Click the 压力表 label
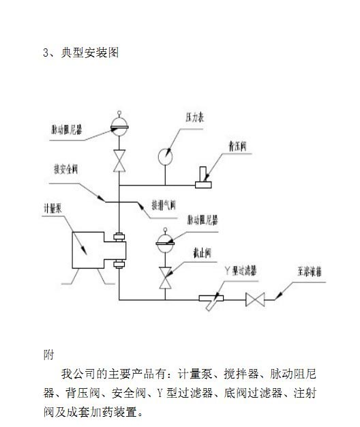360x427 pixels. pyautogui.click(x=195, y=117)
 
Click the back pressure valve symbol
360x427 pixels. pyautogui.click(x=203, y=181)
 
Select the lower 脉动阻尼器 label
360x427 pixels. pyautogui.click(x=202, y=221)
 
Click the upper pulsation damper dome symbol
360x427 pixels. pyautogui.click(x=120, y=125)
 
